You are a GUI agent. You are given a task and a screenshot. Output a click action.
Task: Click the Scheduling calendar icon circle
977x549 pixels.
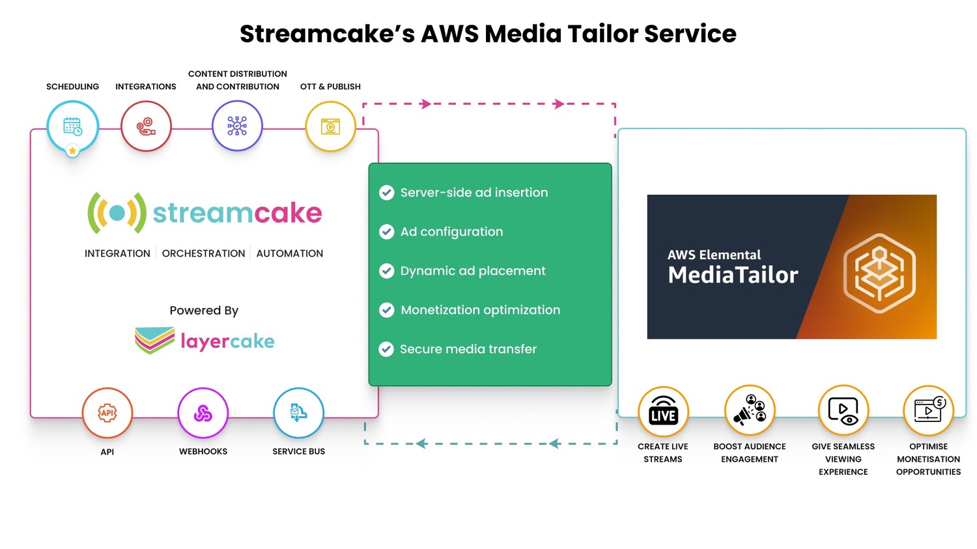[72, 126]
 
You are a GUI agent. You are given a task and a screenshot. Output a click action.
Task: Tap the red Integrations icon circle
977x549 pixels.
[146, 126]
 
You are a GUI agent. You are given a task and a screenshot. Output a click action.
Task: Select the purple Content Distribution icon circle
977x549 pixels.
[237, 126]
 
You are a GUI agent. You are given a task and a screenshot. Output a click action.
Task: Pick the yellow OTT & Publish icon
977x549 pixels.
[331, 126]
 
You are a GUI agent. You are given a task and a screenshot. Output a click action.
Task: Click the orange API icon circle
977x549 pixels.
[107, 413]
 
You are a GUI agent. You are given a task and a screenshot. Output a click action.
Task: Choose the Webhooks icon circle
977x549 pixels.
[203, 413]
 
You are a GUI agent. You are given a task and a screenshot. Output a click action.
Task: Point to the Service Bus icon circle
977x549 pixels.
[298, 413]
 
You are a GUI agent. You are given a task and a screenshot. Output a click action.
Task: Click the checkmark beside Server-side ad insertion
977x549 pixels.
[387, 193]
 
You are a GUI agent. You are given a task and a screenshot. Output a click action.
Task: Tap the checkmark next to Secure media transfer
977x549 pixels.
[386, 349]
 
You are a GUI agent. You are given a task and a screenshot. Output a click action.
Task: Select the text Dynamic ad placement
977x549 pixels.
[473, 271]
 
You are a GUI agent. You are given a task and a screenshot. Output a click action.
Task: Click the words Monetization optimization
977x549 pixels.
[481, 310]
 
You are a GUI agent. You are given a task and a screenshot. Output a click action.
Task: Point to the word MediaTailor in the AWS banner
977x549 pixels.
[733, 275]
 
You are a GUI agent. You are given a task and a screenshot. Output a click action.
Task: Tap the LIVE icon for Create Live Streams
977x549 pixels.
[663, 412]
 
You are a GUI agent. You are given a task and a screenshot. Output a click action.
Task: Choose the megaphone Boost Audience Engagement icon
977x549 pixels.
[750, 410]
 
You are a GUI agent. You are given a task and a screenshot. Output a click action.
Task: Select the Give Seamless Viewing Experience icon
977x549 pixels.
[843, 410]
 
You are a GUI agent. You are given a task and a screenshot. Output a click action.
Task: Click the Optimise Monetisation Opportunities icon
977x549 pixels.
[929, 410]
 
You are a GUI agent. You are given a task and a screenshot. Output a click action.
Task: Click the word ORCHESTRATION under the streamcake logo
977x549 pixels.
[203, 253]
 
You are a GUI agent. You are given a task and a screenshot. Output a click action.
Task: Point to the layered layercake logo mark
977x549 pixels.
[154, 340]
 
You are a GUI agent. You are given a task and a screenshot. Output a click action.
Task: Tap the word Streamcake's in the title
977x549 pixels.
[327, 34]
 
